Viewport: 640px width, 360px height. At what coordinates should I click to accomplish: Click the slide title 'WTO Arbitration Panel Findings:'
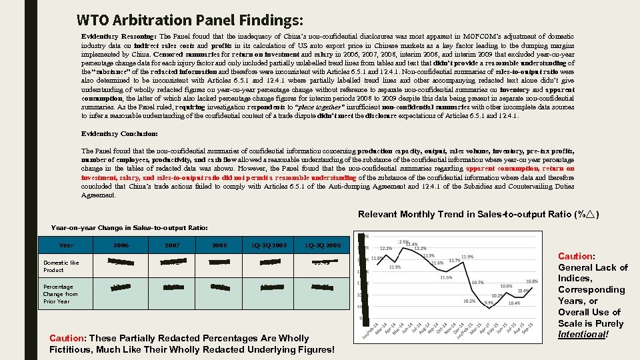pos(190,19)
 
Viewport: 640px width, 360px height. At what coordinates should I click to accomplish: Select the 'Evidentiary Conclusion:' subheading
pos(119,134)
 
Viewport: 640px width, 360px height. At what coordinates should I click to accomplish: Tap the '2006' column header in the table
pos(121,245)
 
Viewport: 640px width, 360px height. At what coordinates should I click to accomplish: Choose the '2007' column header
pos(173,245)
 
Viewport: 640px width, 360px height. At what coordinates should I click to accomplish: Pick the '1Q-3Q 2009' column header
pos(322,245)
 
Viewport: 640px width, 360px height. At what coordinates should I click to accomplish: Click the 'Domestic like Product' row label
pos(61,266)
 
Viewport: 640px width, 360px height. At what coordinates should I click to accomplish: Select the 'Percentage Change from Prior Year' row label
pos(61,294)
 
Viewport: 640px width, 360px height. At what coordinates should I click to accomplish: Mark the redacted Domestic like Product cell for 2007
pos(173,263)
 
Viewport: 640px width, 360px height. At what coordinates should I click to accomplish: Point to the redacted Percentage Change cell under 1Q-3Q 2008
pos(270,287)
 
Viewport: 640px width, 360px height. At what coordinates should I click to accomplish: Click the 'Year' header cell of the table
pos(67,245)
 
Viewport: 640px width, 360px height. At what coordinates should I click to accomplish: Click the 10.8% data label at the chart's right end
pos(532,281)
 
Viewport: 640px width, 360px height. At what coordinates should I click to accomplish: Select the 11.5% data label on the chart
pos(446,277)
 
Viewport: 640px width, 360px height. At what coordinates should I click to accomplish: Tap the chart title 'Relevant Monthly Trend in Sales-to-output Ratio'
pos(477,215)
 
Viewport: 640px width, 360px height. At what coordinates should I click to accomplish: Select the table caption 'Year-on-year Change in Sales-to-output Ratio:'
pos(129,228)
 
